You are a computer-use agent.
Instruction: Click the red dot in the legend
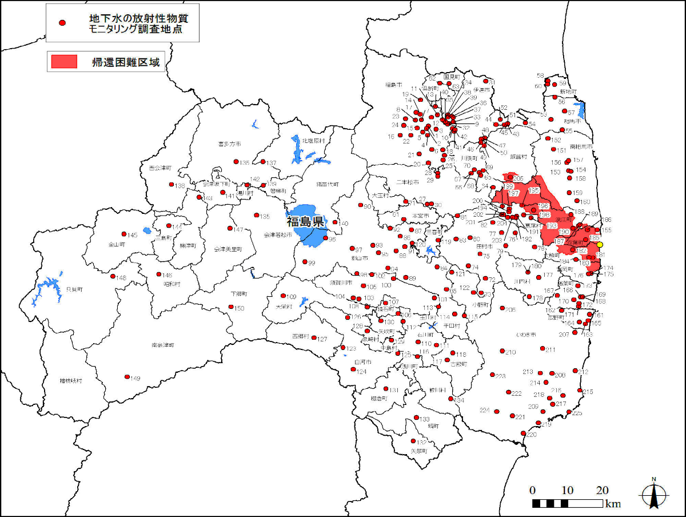click(62, 23)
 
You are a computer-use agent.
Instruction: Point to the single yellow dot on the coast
click(600, 245)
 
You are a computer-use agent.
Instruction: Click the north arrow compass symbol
click(653, 494)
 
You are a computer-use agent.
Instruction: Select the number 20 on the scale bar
click(602, 491)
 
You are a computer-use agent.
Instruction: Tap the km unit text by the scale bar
click(613, 504)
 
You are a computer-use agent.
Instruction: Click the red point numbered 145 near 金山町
click(123, 234)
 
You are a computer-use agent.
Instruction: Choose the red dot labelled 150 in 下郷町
click(231, 307)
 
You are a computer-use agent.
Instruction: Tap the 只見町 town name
click(73, 290)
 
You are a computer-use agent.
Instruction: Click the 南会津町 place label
click(163, 345)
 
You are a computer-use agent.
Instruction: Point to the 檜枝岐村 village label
click(71, 380)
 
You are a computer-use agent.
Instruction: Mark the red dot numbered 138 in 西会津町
click(170, 184)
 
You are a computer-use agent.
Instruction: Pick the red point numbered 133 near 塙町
click(416, 417)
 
